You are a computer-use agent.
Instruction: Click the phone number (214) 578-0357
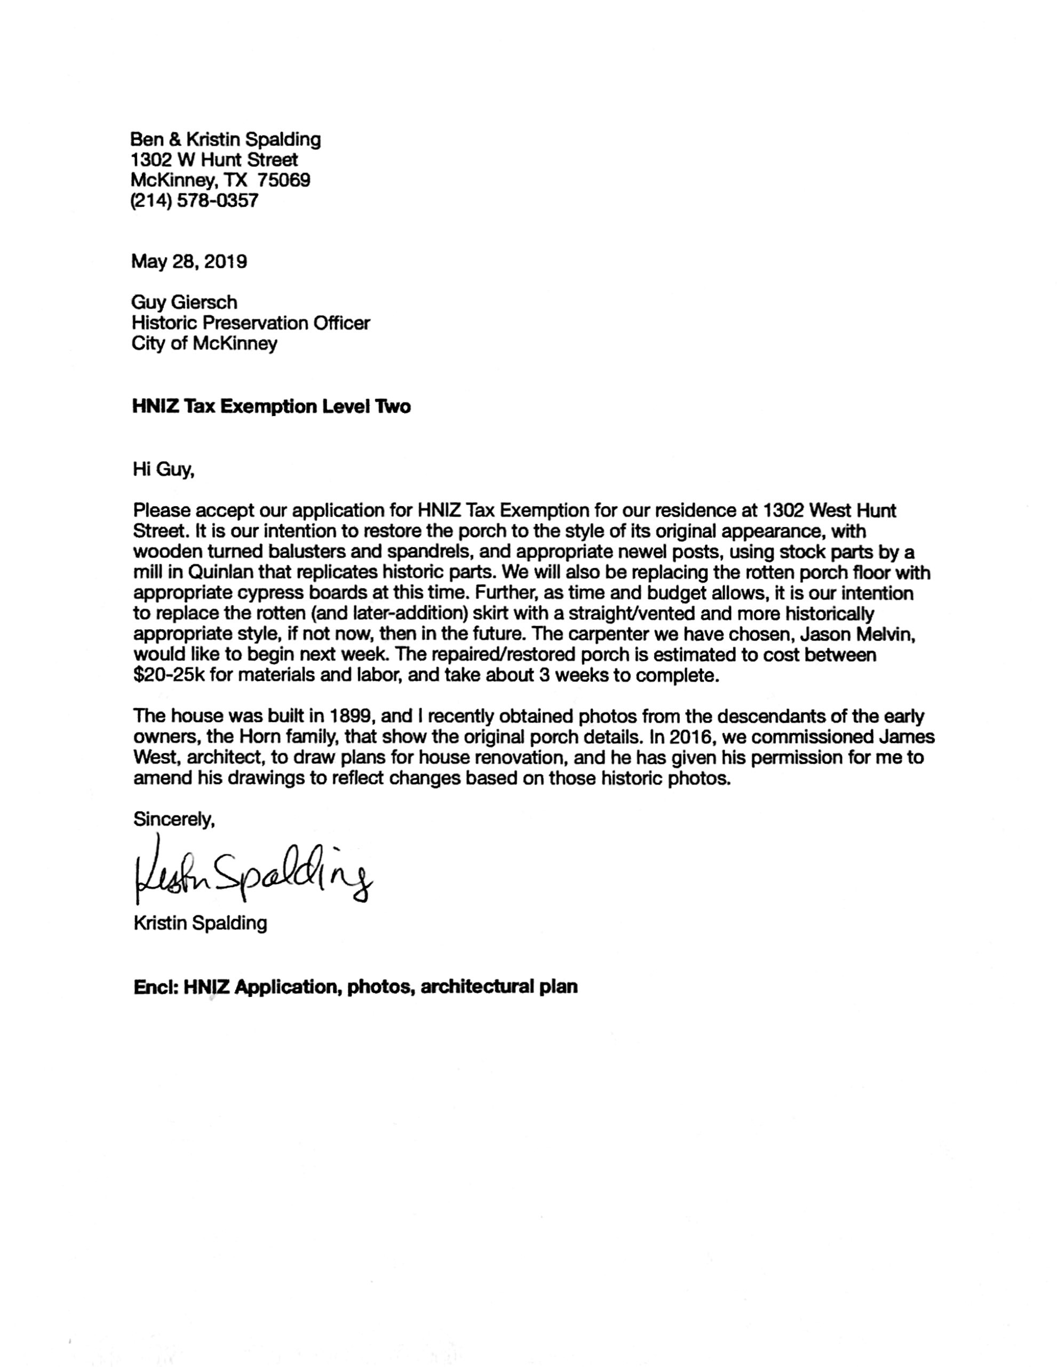point(194,201)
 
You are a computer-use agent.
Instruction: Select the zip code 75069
point(284,180)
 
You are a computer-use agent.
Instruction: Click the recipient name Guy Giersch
point(184,302)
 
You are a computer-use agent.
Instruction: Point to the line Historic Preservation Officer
point(250,323)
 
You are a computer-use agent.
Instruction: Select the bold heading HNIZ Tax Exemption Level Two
point(271,407)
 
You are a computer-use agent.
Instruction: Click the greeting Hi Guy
point(163,469)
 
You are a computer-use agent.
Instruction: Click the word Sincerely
point(173,819)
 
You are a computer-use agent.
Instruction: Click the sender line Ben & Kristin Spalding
point(225,139)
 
